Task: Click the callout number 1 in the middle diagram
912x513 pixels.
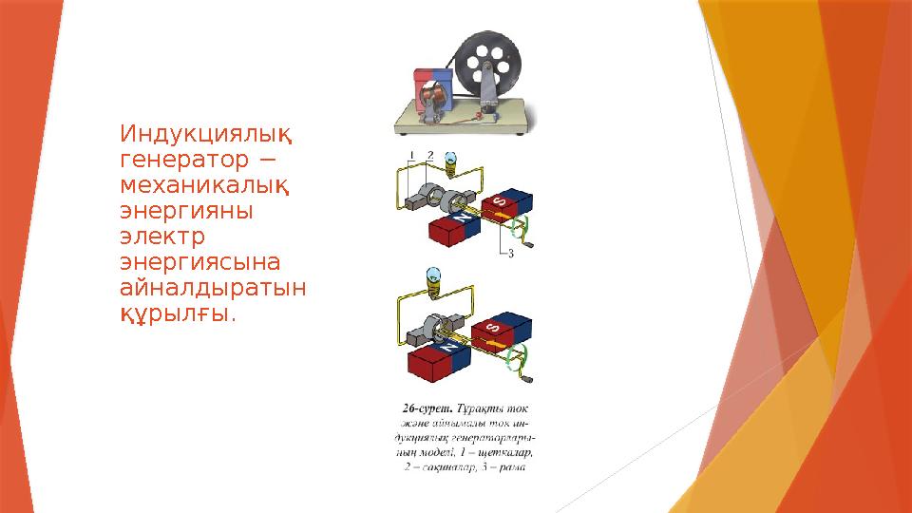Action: point(412,154)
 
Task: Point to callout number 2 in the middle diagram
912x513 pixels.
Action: point(430,154)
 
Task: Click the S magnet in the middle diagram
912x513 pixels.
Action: point(503,202)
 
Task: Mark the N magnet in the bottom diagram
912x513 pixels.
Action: point(446,357)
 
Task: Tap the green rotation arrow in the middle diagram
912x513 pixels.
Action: point(519,229)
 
